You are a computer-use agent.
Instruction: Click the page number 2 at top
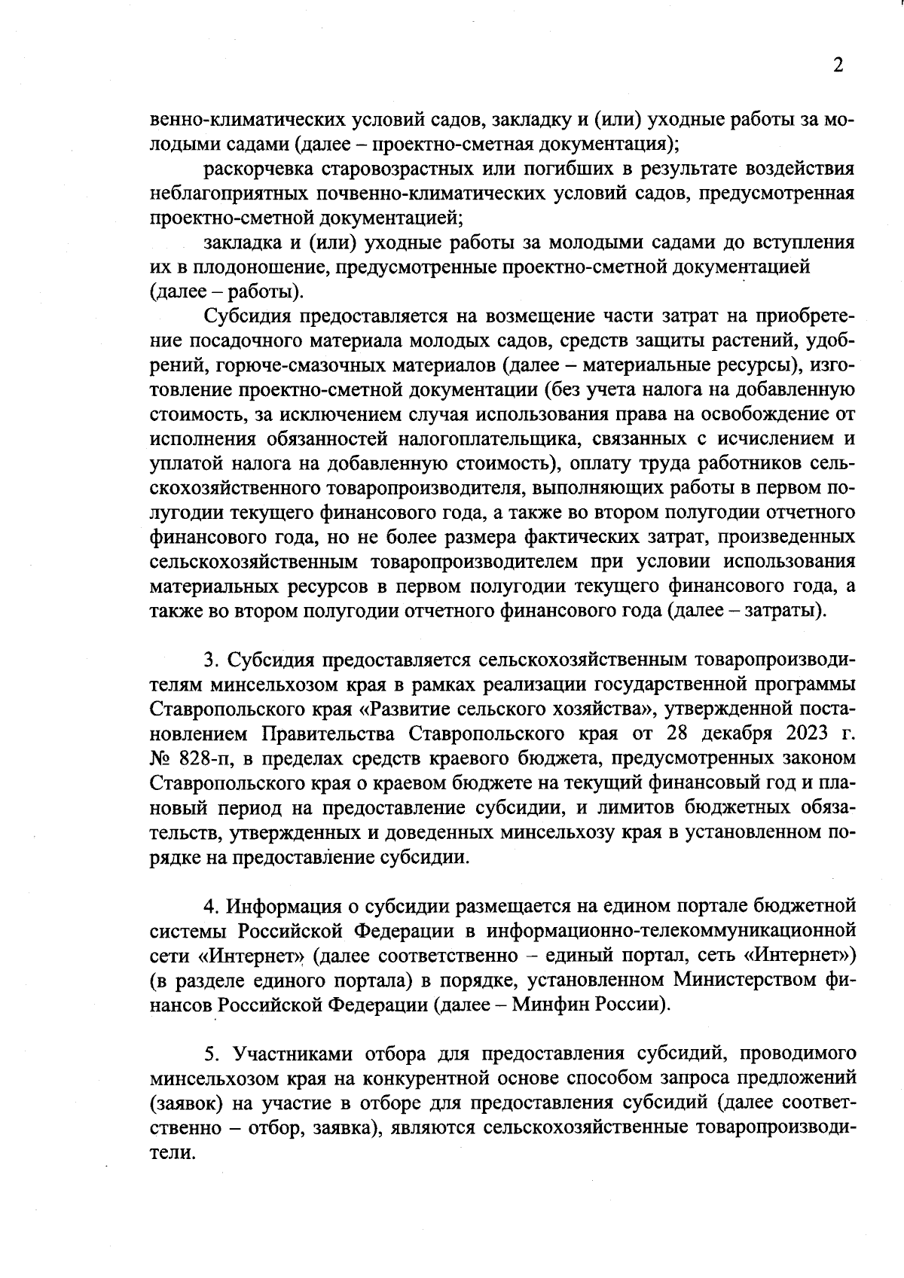pyautogui.click(x=838, y=66)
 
